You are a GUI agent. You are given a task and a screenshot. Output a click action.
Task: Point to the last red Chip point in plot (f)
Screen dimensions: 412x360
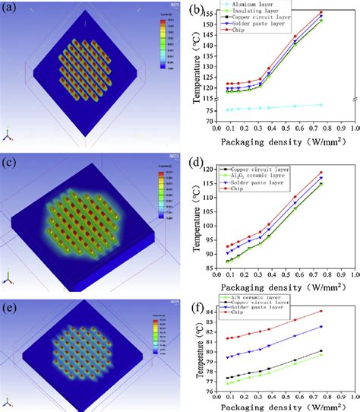[321, 311]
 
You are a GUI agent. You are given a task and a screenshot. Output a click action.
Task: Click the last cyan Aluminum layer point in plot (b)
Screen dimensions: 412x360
[321, 105]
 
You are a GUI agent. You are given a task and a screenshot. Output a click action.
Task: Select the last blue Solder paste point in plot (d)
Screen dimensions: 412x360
[321, 178]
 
